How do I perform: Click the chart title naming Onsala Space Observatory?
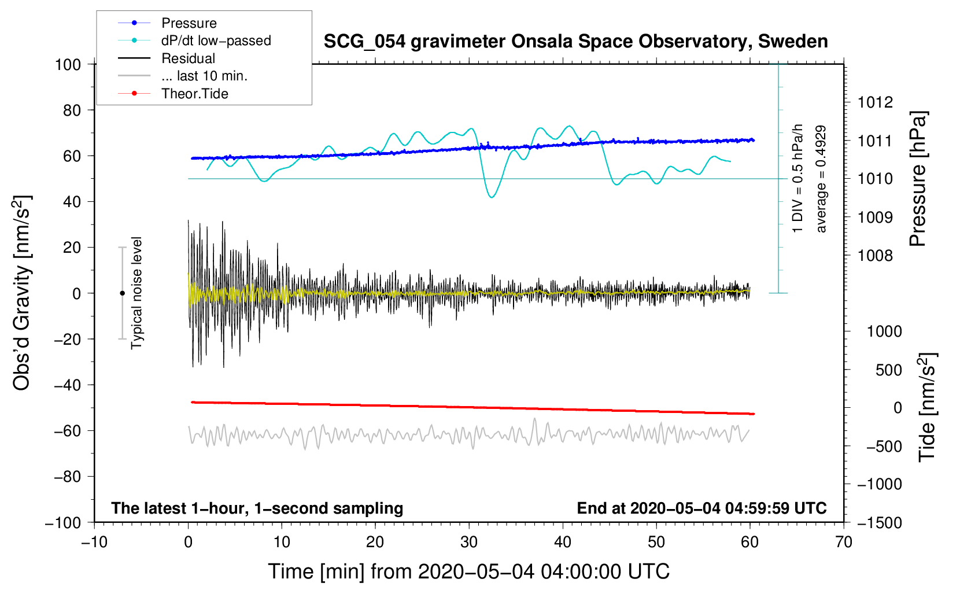pyautogui.click(x=575, y=42)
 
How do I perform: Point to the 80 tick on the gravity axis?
pyautogui.click(x=72, y=110)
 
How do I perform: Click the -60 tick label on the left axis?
pyautogui.click(x=67, y=431)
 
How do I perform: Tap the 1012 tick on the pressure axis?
pyautogui.click(x=875, y=102)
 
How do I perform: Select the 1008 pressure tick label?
pyautogui.click(x=875, y=256)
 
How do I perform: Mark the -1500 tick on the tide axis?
pyautogui.click(x=880, y=523)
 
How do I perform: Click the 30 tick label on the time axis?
pyautogui.click(x=469, y=543)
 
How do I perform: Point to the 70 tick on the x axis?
pyautogui.click(x=843, y=543)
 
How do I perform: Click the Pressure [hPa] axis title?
pyautogui.click(x=918, y=179)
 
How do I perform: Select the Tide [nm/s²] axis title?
pyautogui.click(x=927, y=407)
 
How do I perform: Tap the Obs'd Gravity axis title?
pyautogui.click(x=21, y=293)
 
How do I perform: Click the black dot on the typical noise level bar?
pyautogui.click(x=122, y=293)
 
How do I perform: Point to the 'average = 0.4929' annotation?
pyautogui.click(x=821, y=179)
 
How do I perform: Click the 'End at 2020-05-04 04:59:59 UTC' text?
pyautogui.click(x=701, y=508)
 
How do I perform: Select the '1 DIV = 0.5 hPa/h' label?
pyautogui.click(x=797, y=179)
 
